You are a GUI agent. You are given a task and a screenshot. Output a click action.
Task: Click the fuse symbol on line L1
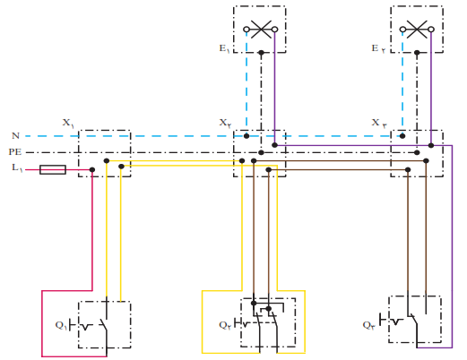point(53,169)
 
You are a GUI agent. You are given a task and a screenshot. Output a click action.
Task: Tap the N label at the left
point(15,136)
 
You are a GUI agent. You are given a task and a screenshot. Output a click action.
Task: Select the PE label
point(15,152)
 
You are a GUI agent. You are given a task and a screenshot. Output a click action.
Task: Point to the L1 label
point(17,167)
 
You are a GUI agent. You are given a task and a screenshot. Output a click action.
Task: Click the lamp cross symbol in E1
point(261,30)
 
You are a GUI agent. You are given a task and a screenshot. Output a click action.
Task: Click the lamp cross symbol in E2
point(417,30)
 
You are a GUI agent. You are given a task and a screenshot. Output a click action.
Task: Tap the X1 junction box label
point(68,123)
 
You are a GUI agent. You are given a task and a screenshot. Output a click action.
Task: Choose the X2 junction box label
point(226,123)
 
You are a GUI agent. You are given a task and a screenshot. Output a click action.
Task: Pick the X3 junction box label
point(379,123)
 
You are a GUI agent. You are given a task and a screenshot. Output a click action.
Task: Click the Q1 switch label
point(61,325)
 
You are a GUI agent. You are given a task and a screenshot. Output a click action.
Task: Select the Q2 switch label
point(225,325)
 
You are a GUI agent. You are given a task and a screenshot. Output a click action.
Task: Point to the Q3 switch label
point(369,325)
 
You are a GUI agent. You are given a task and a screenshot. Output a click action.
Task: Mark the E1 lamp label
point(224,48)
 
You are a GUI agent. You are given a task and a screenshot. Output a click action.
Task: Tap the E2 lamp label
point(378,48)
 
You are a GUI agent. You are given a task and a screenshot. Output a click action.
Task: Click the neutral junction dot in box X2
point(246,136)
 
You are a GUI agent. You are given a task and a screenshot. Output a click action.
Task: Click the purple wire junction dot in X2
point(275,145)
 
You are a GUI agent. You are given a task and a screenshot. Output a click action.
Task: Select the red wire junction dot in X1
point(92,170)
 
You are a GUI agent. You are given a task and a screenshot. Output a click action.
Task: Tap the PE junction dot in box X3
point(417,152)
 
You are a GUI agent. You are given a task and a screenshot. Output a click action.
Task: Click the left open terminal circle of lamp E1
point(246,30)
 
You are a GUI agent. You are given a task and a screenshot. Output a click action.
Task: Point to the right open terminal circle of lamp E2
point(431,30)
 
